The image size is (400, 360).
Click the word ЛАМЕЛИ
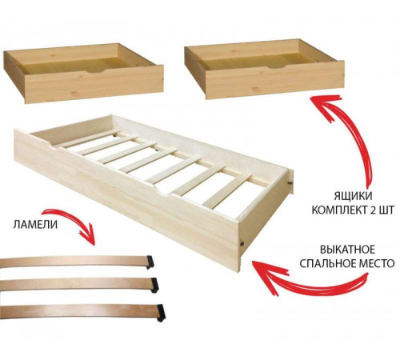[35, 225]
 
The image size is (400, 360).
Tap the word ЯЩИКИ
[353, 197]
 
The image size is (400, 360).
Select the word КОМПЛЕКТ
[338, 210]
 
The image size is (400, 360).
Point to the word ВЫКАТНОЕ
[347, 250]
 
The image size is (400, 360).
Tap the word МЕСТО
[377, 263]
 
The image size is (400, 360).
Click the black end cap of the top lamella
[150, 262]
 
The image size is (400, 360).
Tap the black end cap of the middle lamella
[154, 285]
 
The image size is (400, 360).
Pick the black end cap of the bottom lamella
[161, 312]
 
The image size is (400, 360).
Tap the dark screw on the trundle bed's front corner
[242, 243]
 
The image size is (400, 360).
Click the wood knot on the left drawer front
[75, 94]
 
